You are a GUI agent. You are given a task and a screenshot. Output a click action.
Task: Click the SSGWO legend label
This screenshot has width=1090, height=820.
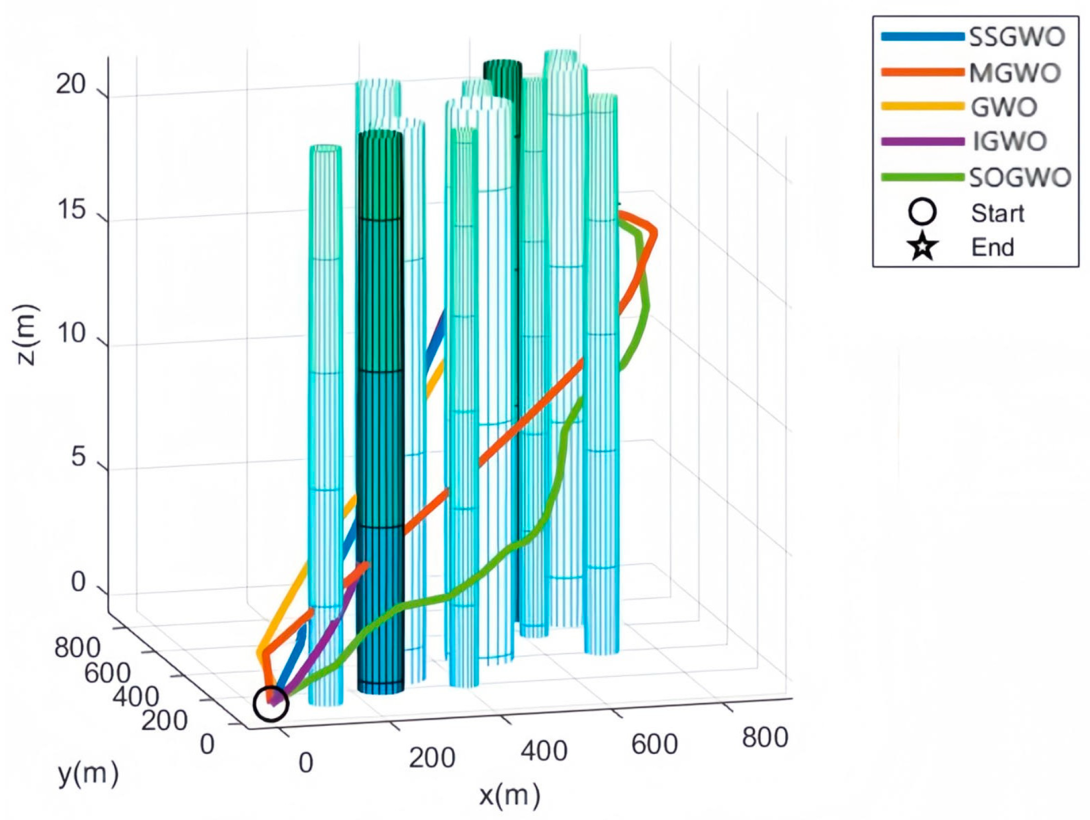coord(1016,37)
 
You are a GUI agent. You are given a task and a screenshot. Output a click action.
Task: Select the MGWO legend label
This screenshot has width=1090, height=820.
coord(1015,72)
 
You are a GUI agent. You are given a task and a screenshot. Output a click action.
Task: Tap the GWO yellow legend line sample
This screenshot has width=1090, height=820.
coord(922,106)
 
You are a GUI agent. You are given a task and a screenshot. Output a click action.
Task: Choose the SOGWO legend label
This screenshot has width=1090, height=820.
coord(1020,177)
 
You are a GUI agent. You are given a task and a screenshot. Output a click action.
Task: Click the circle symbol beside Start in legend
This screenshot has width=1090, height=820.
coord(922,212)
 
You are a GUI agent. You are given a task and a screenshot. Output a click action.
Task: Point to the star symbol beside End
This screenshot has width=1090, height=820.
coord(922,247)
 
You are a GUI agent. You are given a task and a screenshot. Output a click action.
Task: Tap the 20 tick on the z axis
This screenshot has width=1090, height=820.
coord(71,84)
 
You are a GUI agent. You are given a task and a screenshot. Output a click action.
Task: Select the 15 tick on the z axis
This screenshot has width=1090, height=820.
coord(71,210)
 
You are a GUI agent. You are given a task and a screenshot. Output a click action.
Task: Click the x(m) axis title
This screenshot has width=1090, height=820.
coord(510,795)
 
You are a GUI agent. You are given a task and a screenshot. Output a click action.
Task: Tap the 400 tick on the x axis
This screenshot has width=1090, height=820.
coord(544,751)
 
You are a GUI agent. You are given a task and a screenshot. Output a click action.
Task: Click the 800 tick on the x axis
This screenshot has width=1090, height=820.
coord(765,738)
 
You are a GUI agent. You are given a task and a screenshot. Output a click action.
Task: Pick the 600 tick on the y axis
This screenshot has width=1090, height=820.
coord(107,672)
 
